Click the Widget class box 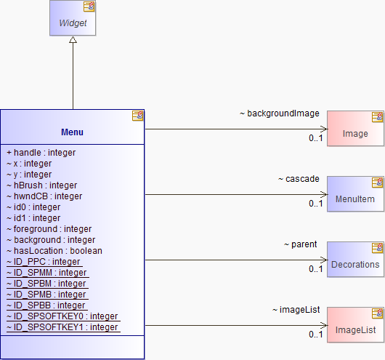pyautogui.click(x=73, y=18)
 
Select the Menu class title pyautogui.click(x=72, y=132)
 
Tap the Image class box pyautogui.click(x=355, y=128)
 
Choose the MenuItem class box pyautogui.click(x=355, y=193)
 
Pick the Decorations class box pyautogui.click(x=355, y=260)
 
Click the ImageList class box pyautogui.click(x=355, y=325)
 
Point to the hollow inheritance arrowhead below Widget pyautogui.click(x=73, y=39)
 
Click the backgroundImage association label pyautogui.click(x=280, y=113)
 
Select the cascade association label pyautogui.click(x=299, y=179)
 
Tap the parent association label pyautogui.click(x=300, y=244)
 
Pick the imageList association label pyautogui.click(x=296, y=310)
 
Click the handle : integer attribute pyautogui.click(x=41, y=153)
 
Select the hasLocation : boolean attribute pyautogui.click(x=54, y=251)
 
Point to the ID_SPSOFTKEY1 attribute pyautogui.click(x=62, y=327)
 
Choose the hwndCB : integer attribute pyautogui.click(x=44, y=196)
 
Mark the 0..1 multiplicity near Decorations pyautogui.click(x=316, y=269)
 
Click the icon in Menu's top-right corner pyautogui.click(x=137, y=116)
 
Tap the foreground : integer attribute pyautogui.click(x=49, y=229)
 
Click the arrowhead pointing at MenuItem pyautogui.click(x=324, y=194)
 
